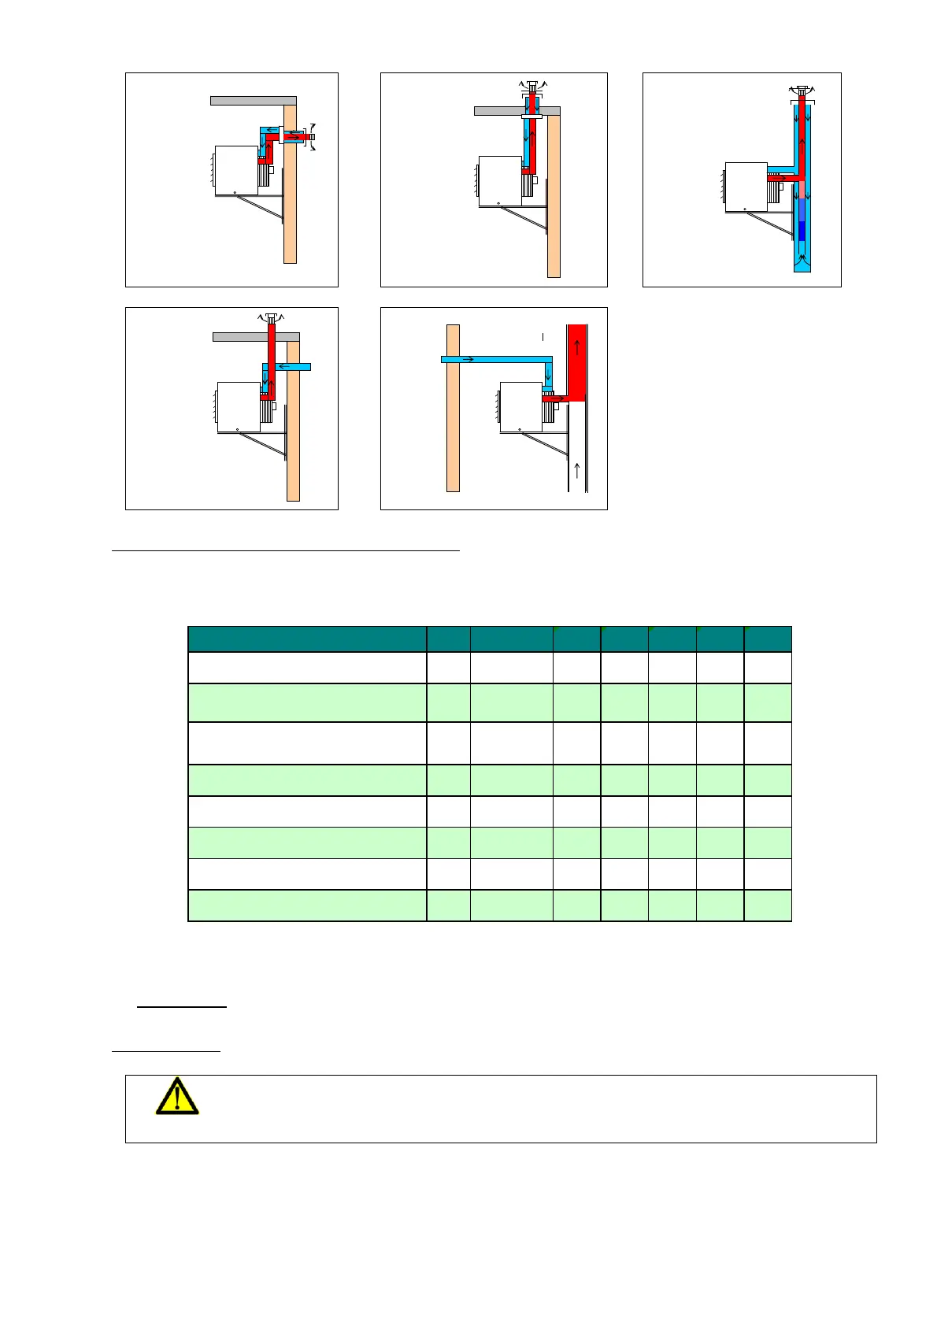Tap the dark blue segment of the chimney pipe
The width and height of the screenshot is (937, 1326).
[x=802, y=231]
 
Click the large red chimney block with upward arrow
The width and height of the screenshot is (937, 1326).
[x=577, y=362]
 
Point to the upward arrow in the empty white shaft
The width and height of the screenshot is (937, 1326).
[x=577, y=471]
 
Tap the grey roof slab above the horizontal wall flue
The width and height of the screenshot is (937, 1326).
[x=253, y=100]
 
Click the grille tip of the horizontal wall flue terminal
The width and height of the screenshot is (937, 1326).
[x=312, y=137]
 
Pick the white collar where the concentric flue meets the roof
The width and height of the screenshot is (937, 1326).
[x=532, y=117]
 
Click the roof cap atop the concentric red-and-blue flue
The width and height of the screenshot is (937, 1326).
[x=532, y=84]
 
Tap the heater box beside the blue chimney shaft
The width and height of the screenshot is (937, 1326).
[x=745, y=186]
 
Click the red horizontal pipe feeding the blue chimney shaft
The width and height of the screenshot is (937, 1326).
[x=781, y=179]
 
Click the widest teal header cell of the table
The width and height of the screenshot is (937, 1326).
[x=307, y=639]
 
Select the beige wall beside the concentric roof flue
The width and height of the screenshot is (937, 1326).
[x=554, y=197]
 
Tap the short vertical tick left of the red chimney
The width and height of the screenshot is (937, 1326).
[x=543, y=337]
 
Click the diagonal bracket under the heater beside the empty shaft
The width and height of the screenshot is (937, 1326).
[x=550, y=445]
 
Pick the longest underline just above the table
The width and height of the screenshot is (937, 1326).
[x=285, y=551]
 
